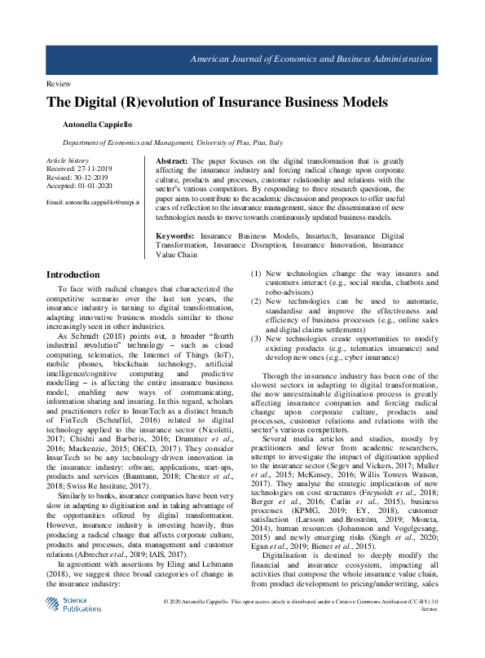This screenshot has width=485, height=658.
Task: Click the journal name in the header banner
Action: [x=311, y=59]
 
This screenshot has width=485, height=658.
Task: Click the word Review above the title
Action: [x=60, y=85]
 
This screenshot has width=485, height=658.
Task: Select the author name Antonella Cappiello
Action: [x=97, y=125]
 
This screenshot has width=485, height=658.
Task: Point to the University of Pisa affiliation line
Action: [x=167, y=142]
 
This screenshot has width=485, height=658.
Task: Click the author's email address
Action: [x=92, y=200]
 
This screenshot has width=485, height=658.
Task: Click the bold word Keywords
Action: [x=175, y=236]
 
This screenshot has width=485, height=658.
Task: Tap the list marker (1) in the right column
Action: [x=255, y=274]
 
